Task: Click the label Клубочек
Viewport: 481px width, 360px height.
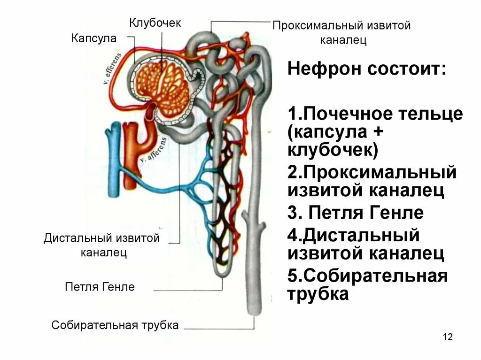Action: (155, 23)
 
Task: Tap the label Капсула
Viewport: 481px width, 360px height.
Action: (94, 38)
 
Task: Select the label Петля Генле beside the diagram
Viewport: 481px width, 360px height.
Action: (100, 287)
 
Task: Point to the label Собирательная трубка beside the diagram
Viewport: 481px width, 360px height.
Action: (115, 325)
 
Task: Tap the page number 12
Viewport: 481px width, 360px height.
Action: (447, 337)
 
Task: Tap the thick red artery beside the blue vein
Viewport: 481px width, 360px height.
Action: (130, 160)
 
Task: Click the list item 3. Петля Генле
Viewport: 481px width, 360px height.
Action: (356, 213)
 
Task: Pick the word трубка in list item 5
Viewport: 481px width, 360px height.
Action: (318, 294)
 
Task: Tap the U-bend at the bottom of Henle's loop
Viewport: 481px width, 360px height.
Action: (222, 270)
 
